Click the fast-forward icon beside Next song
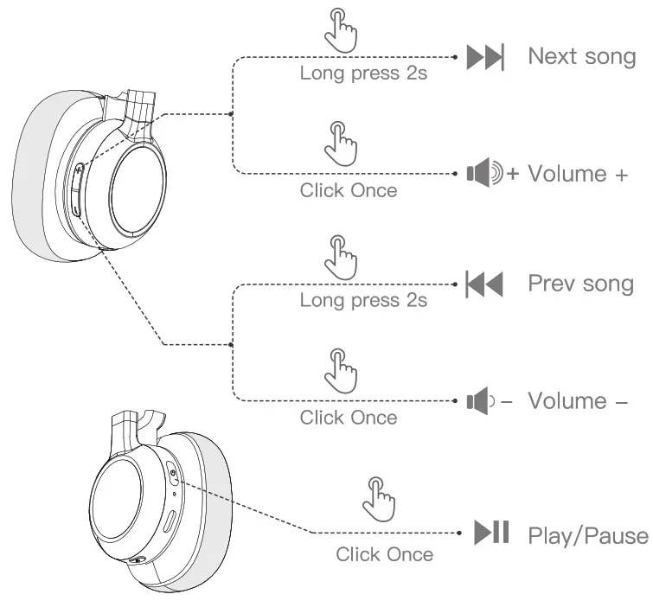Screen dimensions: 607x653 485,58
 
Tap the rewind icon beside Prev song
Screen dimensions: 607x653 484,284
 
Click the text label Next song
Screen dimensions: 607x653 581,57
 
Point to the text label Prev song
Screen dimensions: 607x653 580,284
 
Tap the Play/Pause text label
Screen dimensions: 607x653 586,535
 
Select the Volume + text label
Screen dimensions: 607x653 577,174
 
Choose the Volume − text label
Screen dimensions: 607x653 577,400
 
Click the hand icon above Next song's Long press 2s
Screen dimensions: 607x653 340,29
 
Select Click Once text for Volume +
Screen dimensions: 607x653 349,190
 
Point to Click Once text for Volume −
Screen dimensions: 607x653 349,418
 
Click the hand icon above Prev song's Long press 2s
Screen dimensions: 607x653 340,257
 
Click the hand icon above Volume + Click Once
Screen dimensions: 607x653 340,140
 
